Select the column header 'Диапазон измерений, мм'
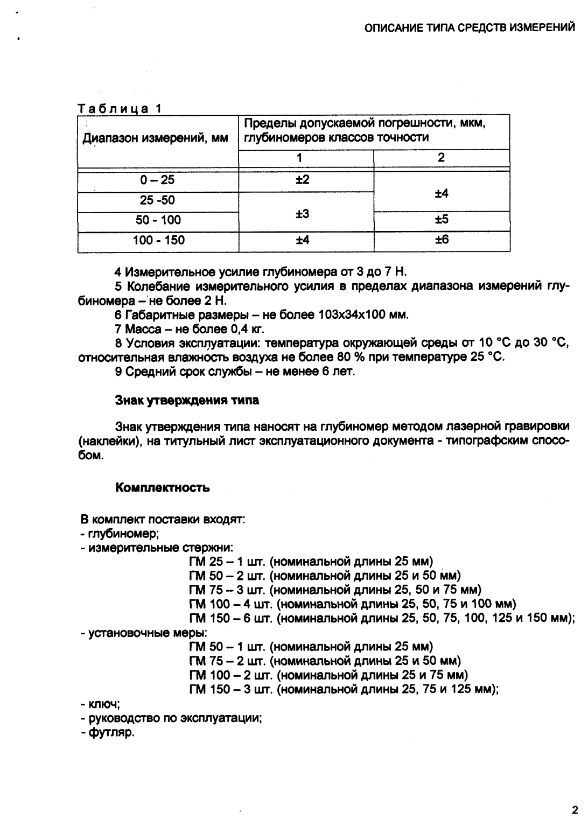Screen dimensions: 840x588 [155, 138]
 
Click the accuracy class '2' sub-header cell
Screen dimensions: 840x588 [442, 158]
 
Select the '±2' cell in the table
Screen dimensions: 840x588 [303, 179]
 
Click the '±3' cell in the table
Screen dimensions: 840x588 [303, 214]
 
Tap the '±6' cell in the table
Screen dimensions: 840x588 [442, 240]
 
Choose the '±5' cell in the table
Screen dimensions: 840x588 [442, 220]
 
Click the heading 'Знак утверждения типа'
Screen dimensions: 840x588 [187, 400]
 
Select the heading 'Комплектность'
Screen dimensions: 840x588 [163, 488]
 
